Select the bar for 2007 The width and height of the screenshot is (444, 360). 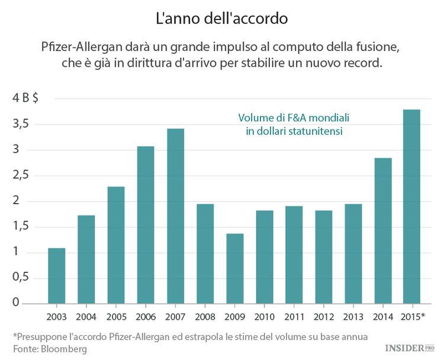pos(175,216)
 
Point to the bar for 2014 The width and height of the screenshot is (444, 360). pos(382,230)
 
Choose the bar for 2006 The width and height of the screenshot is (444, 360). pos(146,224)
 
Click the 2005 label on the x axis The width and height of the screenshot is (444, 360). pos(116,316)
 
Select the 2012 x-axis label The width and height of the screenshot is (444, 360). pos(323,316)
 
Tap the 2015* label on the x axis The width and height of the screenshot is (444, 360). pos(413,316)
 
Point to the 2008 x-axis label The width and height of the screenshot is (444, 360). pos(205,316)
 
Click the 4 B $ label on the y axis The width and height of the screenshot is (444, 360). pos(26,98)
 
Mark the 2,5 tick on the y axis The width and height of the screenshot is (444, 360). pos(22,176)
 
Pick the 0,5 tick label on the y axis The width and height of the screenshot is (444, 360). pos(22,278)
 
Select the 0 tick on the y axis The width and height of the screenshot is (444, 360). pos(16,304)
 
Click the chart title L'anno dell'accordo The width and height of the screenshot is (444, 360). pos(221,18)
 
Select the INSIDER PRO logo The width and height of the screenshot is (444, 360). pos(410,348)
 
